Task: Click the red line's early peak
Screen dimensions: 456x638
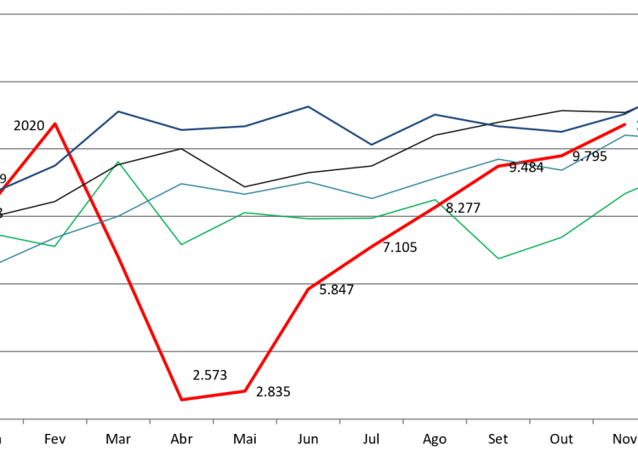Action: coord(55,123)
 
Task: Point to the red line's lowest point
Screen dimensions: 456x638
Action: coord(182,399)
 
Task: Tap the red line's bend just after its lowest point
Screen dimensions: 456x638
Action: coord(245,390)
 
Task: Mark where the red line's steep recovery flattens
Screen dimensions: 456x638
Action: coord(309,288)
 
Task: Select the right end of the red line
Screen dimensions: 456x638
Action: coord(626,124)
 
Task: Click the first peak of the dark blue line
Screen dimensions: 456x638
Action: coord(118,111)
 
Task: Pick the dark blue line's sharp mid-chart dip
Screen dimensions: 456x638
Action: coord(372,145)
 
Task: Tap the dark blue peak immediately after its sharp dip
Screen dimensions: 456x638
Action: coord(435,114)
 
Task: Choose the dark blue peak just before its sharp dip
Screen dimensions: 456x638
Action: coord(308,106)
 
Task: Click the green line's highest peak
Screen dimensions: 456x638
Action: coord(118,162)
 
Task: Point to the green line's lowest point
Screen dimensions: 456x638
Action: coord(498,259)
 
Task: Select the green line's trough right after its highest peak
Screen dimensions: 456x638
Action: coord(182,245)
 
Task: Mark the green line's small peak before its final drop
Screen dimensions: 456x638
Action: coord(435,200)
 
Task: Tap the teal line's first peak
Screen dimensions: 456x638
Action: coord(182,183)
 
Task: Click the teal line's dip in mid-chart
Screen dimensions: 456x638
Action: coord(372,198)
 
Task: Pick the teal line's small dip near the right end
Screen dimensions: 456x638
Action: coord(561,170)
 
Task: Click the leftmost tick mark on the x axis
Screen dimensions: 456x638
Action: coord(23,421)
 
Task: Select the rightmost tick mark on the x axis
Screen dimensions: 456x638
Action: coord(593,421)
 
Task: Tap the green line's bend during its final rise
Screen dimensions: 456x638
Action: coord(561,237)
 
